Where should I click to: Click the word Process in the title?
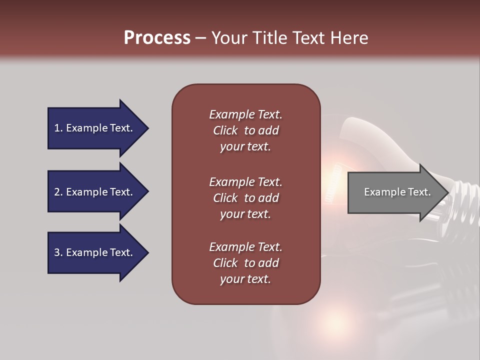point(157,38)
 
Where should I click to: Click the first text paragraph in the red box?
point(245,130)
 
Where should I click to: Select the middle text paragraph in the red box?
point(245,198)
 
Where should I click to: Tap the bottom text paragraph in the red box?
point(245,263)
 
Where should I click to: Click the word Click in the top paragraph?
point(225,130)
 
